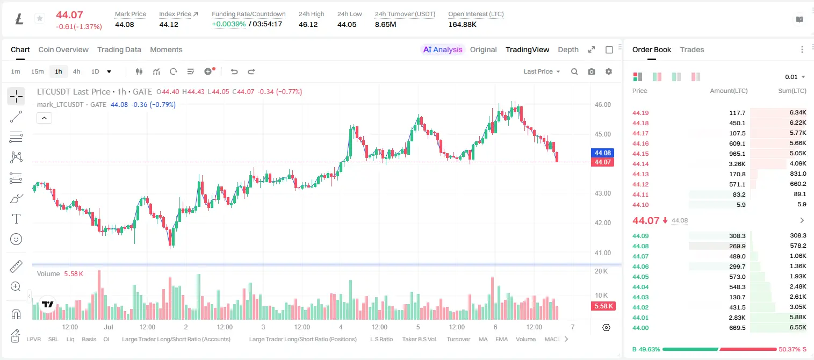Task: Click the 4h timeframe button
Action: (x=76, y=71)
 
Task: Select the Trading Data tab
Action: (x=119, y=49)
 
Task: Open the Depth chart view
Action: (x=568, y=49)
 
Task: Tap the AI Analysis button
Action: (x=443, y=49)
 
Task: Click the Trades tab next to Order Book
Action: (x=692, y=49)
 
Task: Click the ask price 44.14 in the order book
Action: (x=640, y=164)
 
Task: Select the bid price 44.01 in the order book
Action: (x=640, y=318)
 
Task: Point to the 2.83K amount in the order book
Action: (x=737, y=318)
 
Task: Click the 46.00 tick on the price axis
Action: (x=602, y=105)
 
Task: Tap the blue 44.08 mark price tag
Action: (x=602, y=153)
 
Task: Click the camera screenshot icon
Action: (x=592, y=71)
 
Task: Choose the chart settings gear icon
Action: (x=609, y=71)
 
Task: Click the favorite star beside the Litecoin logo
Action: (x=40, y=18)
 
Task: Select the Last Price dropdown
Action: (x=542, y=71)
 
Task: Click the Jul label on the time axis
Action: (x=109, y=327)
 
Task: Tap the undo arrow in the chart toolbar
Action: (x=234, y=71)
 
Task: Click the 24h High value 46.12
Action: (x=308, y=24)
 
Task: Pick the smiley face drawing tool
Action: (x=16, y=239)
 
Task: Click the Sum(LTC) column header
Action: (x=792, y=91)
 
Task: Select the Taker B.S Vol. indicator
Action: (x=419, y=339)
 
